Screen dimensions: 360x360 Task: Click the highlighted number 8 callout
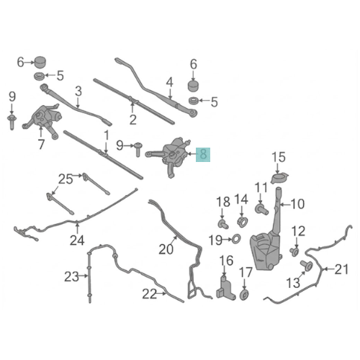(203, 155)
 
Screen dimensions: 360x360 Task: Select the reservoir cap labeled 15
(279, 179)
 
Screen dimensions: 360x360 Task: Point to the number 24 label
(77, 240)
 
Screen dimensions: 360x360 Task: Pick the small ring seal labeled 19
(236, 239)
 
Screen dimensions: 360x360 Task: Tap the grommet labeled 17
(244, 294)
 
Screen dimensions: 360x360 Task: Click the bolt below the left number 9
(12, 122)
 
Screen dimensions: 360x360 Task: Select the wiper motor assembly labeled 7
(43, 121)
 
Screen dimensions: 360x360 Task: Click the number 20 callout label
(166, 249)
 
